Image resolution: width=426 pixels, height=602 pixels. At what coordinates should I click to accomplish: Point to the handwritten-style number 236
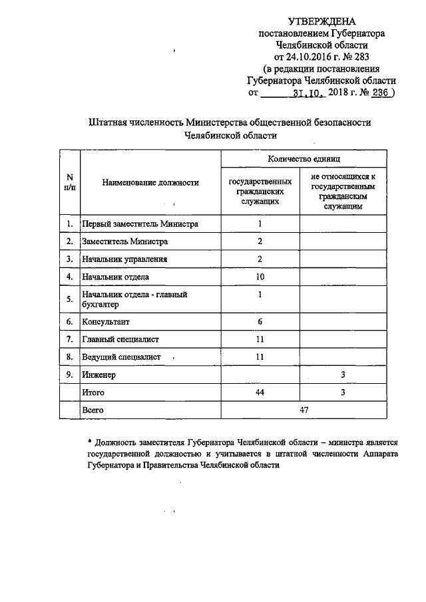click(x=380, y=94)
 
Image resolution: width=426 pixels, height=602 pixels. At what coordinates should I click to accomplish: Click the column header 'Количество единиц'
click(x=304, y=159)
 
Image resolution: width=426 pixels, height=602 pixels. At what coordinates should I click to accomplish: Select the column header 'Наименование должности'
click(x=151, y=183)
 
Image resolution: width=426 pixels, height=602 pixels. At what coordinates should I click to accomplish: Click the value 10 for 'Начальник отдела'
click(x=260, y=276)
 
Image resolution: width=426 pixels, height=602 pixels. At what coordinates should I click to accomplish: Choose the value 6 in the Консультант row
click(x=260, y=322)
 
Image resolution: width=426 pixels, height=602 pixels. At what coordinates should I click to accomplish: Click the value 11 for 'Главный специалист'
click(x=260, y=339)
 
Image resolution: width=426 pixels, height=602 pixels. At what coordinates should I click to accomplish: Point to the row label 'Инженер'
click(x=98, y=375)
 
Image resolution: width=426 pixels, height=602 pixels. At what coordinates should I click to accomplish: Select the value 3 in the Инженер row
click(x=342, y=375)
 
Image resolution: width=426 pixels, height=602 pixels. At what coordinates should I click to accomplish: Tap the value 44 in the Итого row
click(x=260, y=393)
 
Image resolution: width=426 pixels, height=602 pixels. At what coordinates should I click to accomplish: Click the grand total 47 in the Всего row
click(x=304, y=410)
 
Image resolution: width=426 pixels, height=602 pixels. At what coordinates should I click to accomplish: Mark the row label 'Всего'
click(x=94, y=410)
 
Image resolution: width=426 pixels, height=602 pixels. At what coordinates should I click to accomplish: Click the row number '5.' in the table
click(x=69, y=299)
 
